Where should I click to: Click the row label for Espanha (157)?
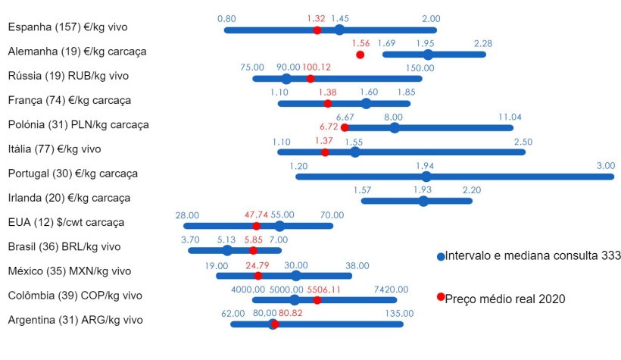click(x=67, y=27)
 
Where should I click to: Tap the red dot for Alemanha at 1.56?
click(x=360, y=55)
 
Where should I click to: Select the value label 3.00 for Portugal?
click(x=605, y=166)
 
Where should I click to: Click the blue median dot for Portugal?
click(x=426, y=177)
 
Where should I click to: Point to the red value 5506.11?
click(x=325, y=290)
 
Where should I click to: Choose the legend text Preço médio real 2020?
click(x=505, y=299)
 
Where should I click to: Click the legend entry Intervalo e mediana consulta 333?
click(x=533, y=256)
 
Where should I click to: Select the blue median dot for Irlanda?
click(x=423, y=201)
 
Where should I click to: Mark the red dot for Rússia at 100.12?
click(x=310, y=79)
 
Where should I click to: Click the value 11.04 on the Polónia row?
click(x=510, y=117)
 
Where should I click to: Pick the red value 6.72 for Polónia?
click(x=329, y=127)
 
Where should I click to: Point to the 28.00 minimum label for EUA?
click(x=187, y=215)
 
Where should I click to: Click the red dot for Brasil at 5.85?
click(x=253, y=250)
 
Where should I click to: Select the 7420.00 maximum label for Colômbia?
click(x=391, y=290)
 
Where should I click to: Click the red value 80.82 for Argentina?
click(x=290, y=312)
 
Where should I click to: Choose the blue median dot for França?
click(x=367, y=103)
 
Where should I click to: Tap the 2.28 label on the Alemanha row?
click(x=483, y=43)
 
